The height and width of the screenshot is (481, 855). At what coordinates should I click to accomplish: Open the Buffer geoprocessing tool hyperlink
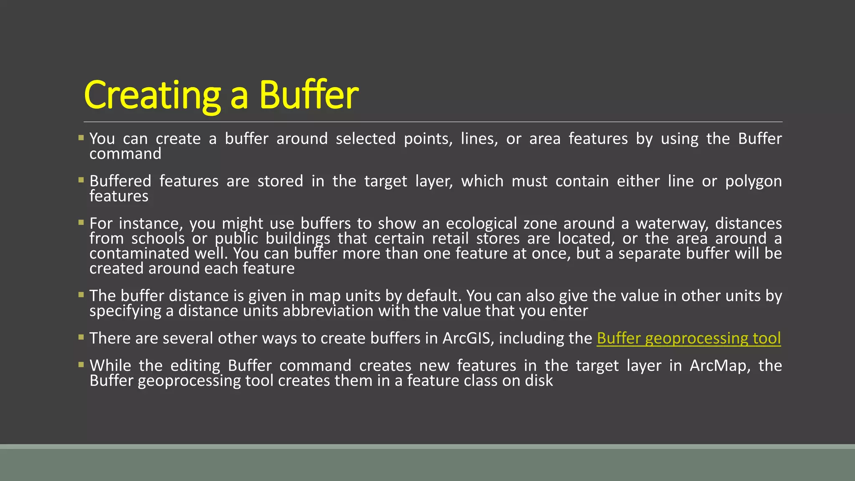(x=688, y=338)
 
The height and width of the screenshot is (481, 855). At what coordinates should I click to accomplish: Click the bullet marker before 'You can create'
(x=81, y=137)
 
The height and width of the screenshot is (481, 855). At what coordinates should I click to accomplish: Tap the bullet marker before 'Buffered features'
(x=81, y=180)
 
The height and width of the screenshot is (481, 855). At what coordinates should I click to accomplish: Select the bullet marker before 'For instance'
(x=81, y=223)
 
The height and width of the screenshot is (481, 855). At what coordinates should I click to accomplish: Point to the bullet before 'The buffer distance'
(x=81, y=295)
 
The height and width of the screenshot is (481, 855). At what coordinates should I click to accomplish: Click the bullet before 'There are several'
(x=81, y=337)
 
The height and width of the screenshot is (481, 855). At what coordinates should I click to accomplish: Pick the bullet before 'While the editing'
(x=81, y=365)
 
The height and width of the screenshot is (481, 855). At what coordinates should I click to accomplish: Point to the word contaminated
(x=139, y=253)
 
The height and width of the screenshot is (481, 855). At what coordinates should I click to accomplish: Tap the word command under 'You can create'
(x=125, y=154)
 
